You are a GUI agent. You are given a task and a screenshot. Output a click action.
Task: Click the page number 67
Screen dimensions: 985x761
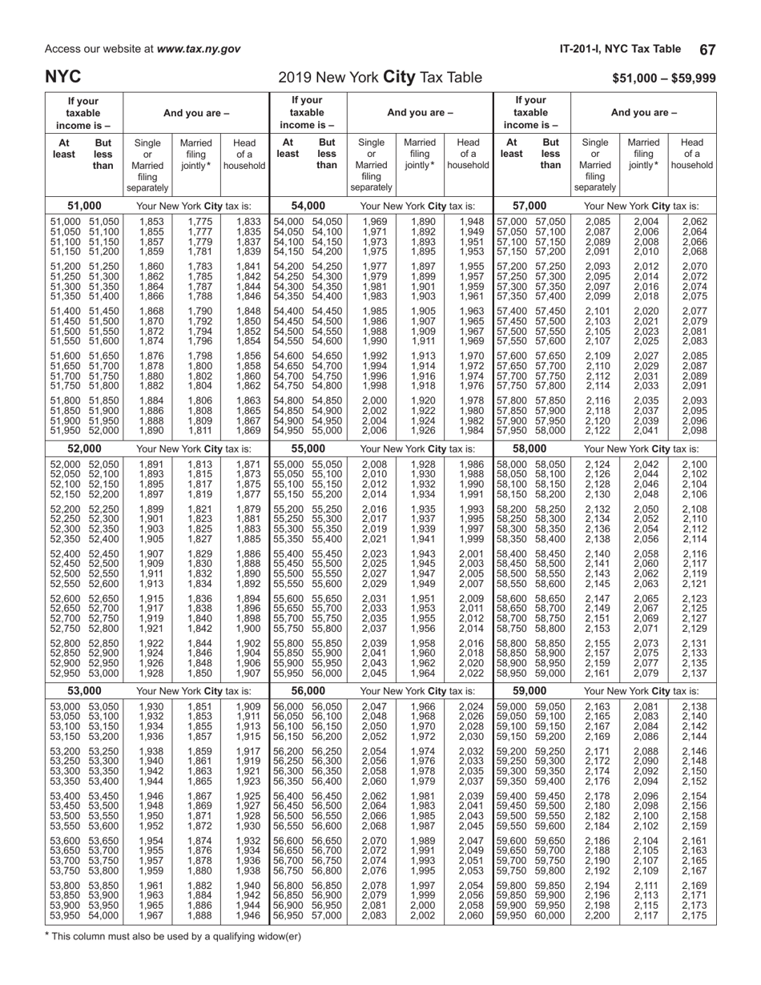click(x=707, y=49)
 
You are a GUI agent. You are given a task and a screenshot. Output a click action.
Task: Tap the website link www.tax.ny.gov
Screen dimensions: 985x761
click(x=199, y=49)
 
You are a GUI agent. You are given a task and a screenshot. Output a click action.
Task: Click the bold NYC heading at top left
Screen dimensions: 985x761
click(x=63, y=77)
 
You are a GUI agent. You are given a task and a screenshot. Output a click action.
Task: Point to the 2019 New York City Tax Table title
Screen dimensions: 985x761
click(x=380, y=78)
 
